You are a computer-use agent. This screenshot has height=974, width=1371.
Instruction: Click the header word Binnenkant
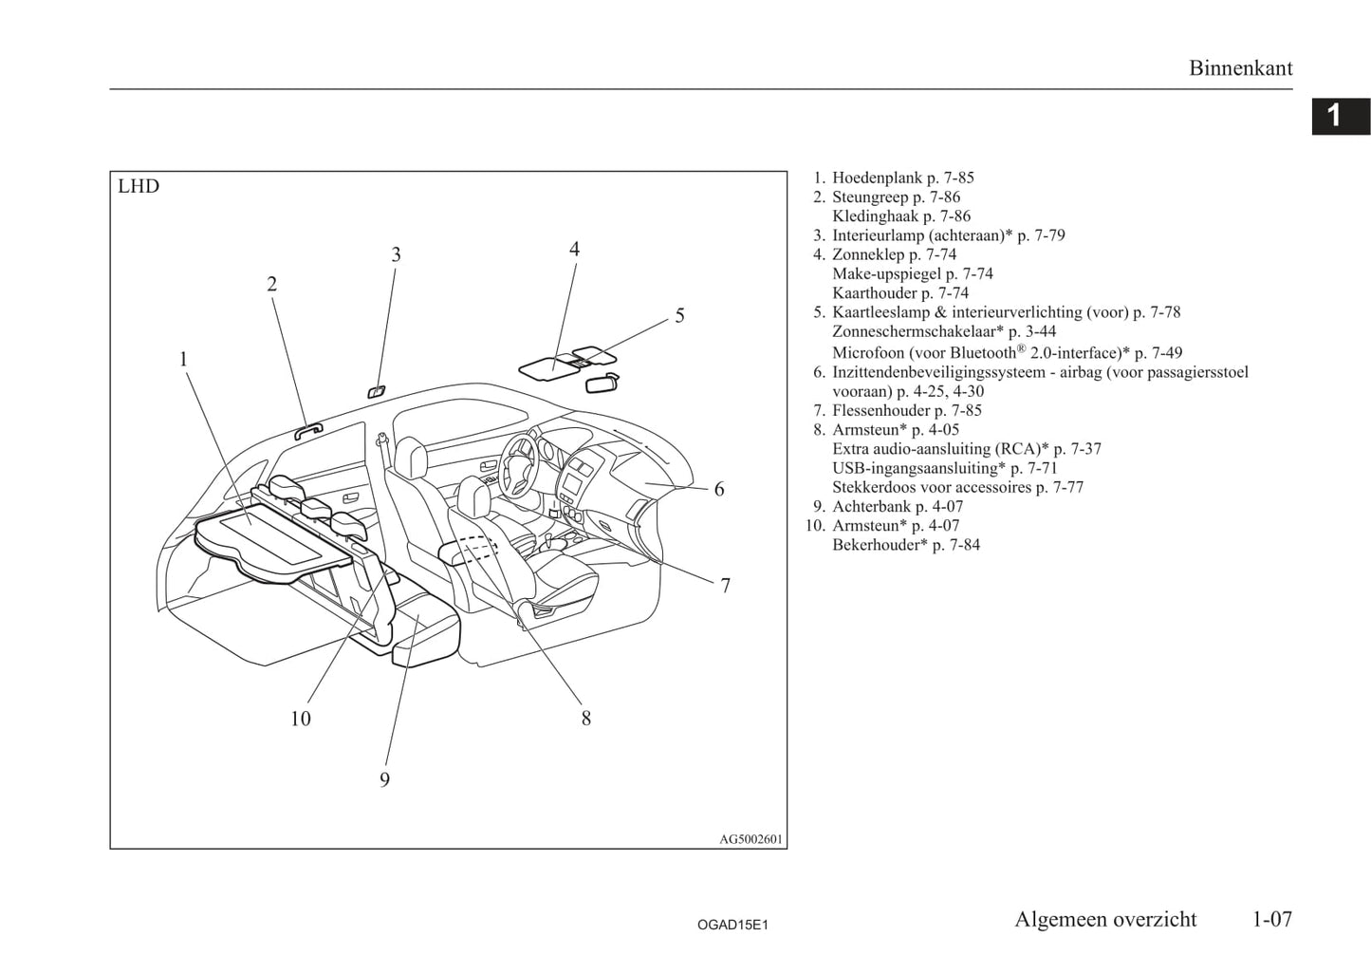click(1241, 68)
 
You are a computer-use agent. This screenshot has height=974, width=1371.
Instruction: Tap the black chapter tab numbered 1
click(1341, 116)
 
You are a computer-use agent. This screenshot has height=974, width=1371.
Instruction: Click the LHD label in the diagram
click(139, 186)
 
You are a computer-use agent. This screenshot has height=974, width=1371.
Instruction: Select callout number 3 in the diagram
click(396, 254)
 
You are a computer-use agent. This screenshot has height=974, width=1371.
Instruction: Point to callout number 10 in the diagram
click(301, 719)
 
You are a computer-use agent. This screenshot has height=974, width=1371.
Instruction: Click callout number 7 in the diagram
click(725, 587)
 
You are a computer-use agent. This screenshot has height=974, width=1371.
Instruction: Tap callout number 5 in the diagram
click(679, 315)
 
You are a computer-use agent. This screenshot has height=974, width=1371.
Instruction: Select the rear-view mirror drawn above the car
click(602, 383)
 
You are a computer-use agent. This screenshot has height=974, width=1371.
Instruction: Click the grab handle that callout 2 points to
click(307, 432)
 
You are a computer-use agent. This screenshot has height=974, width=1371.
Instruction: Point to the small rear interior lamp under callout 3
click(376, 391)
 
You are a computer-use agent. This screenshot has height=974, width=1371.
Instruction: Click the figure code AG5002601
click(750, 839)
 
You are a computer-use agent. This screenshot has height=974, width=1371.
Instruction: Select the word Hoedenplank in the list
click(877, 178)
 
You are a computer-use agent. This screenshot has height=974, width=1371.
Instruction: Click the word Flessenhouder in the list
click(881, 410)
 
